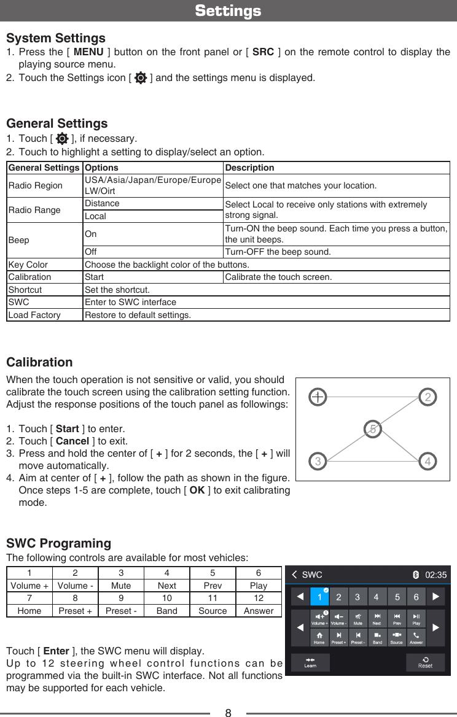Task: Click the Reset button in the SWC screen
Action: click(x=425, y=662)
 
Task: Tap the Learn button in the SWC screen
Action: click(x=310, y=662)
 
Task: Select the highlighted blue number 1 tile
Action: click(x=319, y=597)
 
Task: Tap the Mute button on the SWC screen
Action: click(x=357, y=619)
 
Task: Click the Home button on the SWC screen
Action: click(x=319, y=638)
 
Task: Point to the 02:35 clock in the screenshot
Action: click(x=436, y=575)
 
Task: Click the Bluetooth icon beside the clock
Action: click(x=416, y=575)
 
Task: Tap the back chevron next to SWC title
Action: click(x=295, y=575)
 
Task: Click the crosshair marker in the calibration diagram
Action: click(x=318, y=397)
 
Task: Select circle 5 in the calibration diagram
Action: click(x=372, y=429)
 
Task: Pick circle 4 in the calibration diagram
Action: click(x=428, y=461)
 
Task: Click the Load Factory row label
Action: click(x=34, y=316)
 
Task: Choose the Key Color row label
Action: click(x=28, y=265)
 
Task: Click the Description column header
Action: click(x=249, y=168)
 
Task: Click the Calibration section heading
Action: click(x=39, y=362)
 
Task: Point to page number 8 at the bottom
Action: click(x=228, y=713)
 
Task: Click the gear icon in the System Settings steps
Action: click(x=141, y=78)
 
